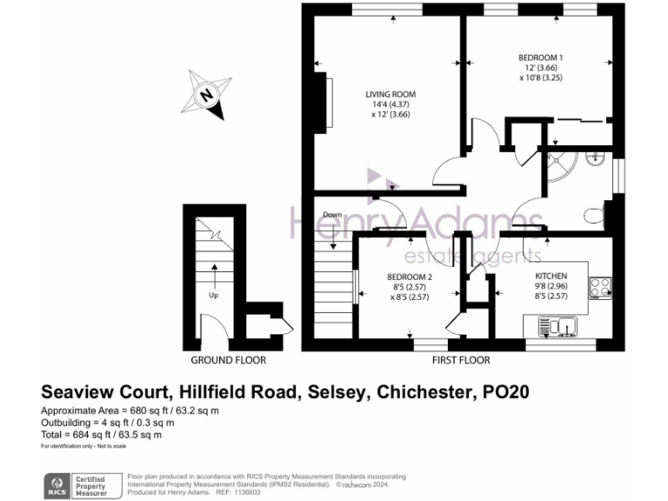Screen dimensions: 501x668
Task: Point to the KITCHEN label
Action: pos(551,277)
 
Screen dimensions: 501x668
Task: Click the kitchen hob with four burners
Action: pos(600,287)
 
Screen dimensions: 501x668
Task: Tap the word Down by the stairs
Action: pos(332,215)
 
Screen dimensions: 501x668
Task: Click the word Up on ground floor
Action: pos(213,294)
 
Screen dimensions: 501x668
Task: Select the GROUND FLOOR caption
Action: pos(229,360)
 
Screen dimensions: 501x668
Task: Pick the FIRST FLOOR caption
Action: pos(461,360)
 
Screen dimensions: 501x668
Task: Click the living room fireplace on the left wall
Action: pos(328,105)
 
